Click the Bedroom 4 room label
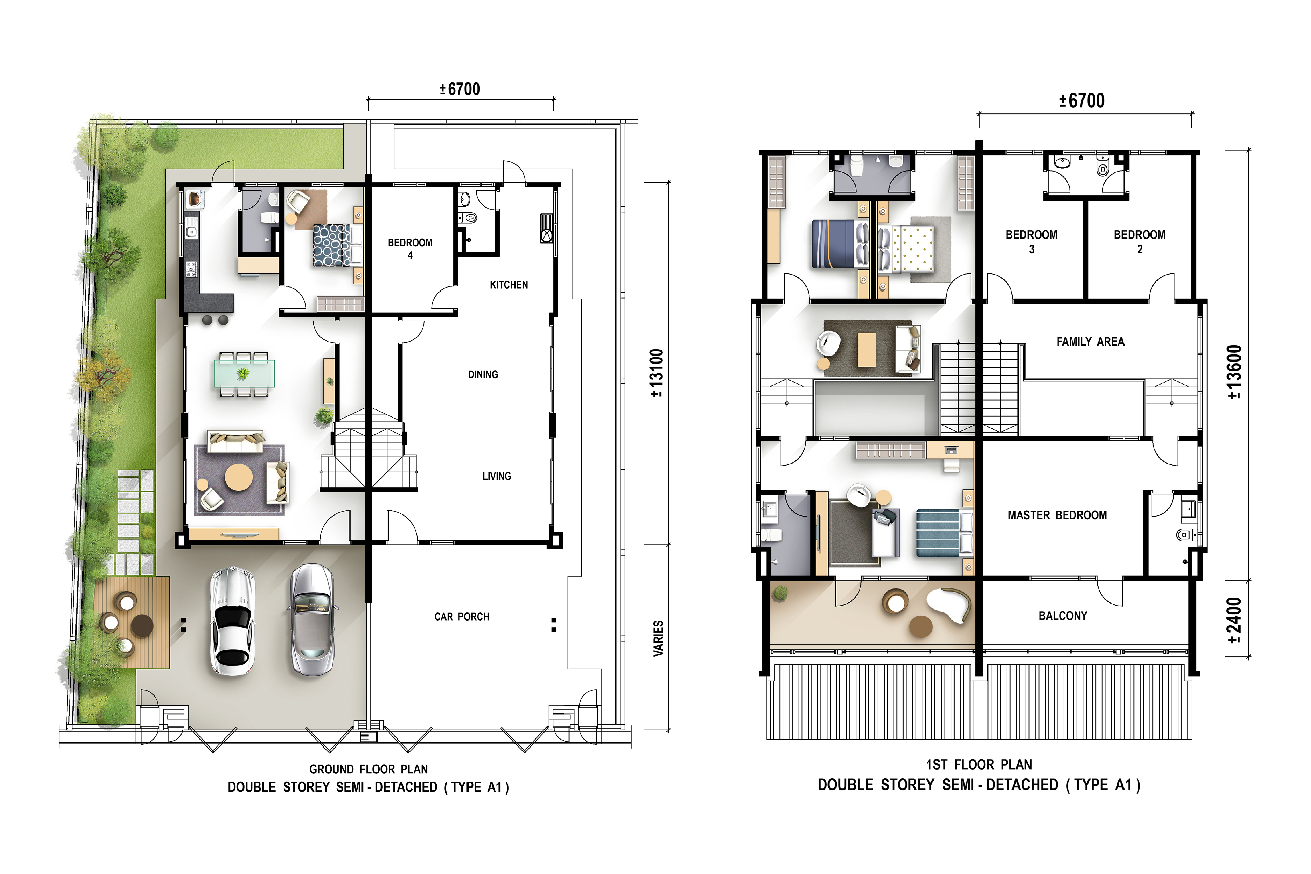pos(410,249)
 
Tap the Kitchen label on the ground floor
pos(508,285)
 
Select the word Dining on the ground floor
pos(483,374)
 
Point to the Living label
pos(496,476)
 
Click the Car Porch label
pos(461,617)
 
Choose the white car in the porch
pos(232,621)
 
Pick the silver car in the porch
pos(312,619)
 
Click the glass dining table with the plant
pos(244,374)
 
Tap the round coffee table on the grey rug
pos(239,477)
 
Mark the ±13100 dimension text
pos(657,373)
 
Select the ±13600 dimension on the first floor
pos(1234,372)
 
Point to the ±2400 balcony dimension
pos(1234,620)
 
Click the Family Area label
pos(1090,342)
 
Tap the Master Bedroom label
pos(1057,515)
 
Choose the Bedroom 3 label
pos(1031,241)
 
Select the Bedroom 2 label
pos(1139,241)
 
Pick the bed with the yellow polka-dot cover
pos(906,249)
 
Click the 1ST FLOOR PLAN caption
pos(979,765)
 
